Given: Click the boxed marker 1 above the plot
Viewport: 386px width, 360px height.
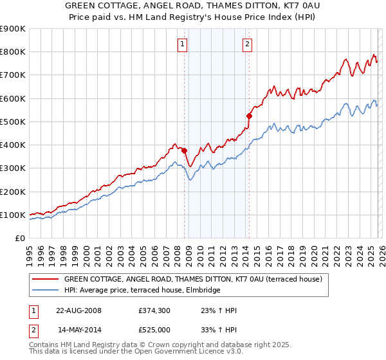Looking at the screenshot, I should point(183,44).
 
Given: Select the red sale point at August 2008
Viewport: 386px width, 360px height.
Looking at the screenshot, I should point(184,151).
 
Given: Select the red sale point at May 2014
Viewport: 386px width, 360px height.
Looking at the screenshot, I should point(249,116).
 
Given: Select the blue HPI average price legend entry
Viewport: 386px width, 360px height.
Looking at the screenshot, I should point(142,290).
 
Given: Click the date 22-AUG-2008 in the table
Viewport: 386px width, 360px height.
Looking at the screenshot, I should point(78,310).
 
